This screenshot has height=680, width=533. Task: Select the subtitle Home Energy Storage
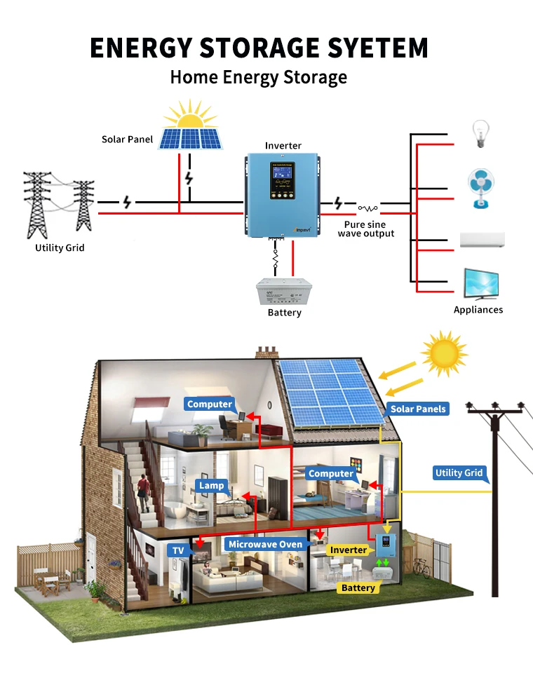(258, 77)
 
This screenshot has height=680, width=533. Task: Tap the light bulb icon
(480, 133)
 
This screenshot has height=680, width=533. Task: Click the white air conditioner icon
(482, 240)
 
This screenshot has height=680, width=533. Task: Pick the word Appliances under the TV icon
(478, 310)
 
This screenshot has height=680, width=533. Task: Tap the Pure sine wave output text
(365, 229)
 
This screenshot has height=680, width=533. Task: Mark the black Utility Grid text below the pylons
(60, 248)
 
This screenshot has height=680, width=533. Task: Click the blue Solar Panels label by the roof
(418, 409)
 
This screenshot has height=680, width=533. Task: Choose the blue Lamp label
(211, 485)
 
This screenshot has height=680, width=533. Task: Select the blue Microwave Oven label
(266, 544)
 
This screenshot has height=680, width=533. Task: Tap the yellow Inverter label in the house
(349, 550)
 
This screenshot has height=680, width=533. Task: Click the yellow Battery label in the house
(358, 587)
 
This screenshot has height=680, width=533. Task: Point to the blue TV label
(178, 551)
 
